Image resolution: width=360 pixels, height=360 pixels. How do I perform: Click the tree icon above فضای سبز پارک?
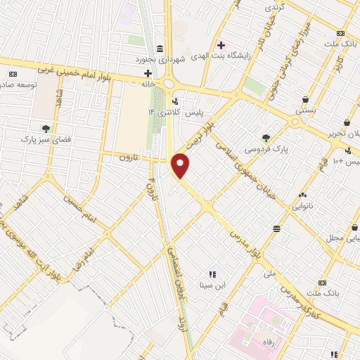pyautogui.click(x=46, y=128)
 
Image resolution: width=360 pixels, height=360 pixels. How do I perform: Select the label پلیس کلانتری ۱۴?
pyautogui.click(x=173, y=112)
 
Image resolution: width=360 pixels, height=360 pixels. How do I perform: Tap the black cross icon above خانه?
pyautogui.click(x=148, y=72)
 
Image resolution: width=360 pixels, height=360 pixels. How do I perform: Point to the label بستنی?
pyautogui.click(x=305, y=110)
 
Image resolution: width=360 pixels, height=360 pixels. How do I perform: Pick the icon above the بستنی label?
pyautogui.click(x=305, y=99)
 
